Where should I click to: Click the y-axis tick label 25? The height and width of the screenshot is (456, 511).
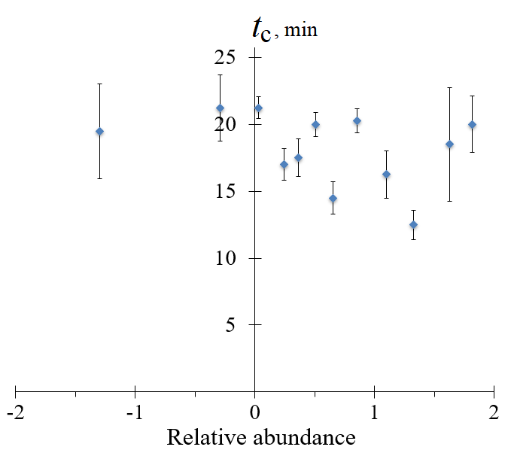click(x=227, y=58)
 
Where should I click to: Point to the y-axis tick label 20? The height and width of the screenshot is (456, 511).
click(x=227, y=125)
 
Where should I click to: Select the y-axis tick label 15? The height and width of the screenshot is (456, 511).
click(x=227, y=192)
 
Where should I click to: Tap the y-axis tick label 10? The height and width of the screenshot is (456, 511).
click(x=227, y=259)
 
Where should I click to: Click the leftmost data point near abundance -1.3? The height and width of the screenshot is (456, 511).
click(x=99, y=132)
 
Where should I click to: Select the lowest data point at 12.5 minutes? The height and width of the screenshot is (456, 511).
click(x=413, y=225)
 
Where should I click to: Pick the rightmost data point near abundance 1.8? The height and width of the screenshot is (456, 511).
click(x=472, y=125)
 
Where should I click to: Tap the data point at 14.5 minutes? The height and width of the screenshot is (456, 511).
click(x=333, y=199)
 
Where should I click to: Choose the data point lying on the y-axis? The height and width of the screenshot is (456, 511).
click(x=258, y=108)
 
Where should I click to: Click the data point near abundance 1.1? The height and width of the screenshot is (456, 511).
click(x=386, y=175)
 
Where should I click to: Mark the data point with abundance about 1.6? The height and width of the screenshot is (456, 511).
click(x=449, y=144)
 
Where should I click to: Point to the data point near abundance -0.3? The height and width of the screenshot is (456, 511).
click(x=220, y=108)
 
